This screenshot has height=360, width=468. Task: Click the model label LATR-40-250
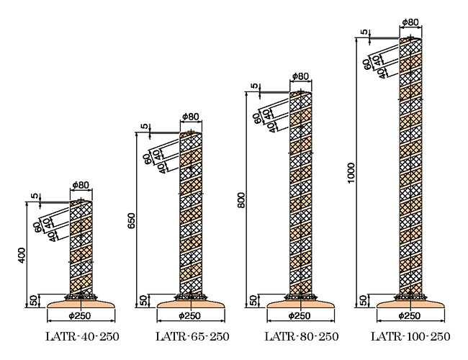(82, 336)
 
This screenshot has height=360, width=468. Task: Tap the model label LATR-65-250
(192, 336)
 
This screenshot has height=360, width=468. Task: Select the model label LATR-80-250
(302, 336)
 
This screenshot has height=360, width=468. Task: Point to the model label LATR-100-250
(410, 336)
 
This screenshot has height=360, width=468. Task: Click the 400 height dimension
(22, 255)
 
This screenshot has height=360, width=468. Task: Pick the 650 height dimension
(132, 221)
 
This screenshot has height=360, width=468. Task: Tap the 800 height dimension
(241, 200)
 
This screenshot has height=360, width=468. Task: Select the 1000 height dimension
(351, 173)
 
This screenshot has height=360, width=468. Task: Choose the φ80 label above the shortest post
(81, 185)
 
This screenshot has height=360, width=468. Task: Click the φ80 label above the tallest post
(410, 22)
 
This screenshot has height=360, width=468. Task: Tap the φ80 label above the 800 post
(300, 76)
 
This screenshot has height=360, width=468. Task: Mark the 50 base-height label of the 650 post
(143, 300)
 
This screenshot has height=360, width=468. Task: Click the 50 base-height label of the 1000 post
(363, 300)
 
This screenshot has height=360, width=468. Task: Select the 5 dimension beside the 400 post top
(35, 196)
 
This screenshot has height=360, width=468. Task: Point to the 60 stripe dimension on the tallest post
(367, 64)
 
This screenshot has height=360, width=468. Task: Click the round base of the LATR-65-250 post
(191, 304)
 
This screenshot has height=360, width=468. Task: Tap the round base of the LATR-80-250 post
(301, 304)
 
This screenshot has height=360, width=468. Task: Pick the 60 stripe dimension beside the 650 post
(148, 159)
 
